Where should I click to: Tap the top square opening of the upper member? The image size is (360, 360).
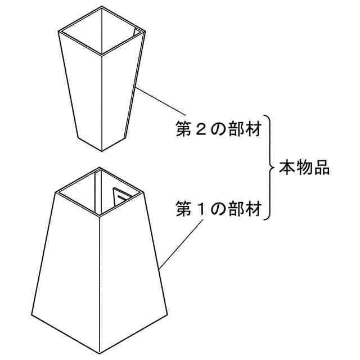click(x=102, y=31)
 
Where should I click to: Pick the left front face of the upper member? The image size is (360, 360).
click(x=82, y=93)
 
